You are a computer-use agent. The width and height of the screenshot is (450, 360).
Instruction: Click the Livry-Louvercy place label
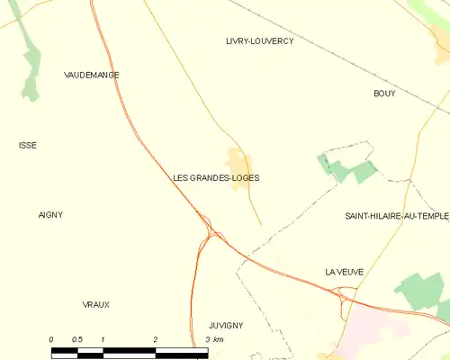point(259,41)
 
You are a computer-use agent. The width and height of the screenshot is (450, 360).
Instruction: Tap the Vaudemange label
point(92,75)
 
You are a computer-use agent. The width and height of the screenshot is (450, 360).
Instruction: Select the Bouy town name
point(384,94)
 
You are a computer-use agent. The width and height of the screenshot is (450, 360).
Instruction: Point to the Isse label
point(28,145)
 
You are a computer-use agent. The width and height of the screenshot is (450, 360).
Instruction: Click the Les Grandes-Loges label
point(216,178)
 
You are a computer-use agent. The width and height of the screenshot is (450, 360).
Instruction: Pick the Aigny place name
point(50,214)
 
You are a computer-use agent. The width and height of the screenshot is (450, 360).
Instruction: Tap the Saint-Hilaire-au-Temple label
point(397,216)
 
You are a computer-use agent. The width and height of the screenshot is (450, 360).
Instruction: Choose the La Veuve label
point(343,271)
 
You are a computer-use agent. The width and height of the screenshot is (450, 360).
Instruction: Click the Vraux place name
point(95,304)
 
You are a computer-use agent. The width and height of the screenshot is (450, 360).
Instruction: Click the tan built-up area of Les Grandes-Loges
point(238,162)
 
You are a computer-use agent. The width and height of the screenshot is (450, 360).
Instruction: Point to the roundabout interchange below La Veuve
point(345,294)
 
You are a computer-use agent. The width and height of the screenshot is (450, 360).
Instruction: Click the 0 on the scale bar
point(51,339)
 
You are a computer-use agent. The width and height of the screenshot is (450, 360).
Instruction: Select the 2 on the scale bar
point(156,339)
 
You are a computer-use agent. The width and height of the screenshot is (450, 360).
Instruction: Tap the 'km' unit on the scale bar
point(219,339)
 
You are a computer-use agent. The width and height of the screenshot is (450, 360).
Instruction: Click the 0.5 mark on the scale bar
point(77,339)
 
